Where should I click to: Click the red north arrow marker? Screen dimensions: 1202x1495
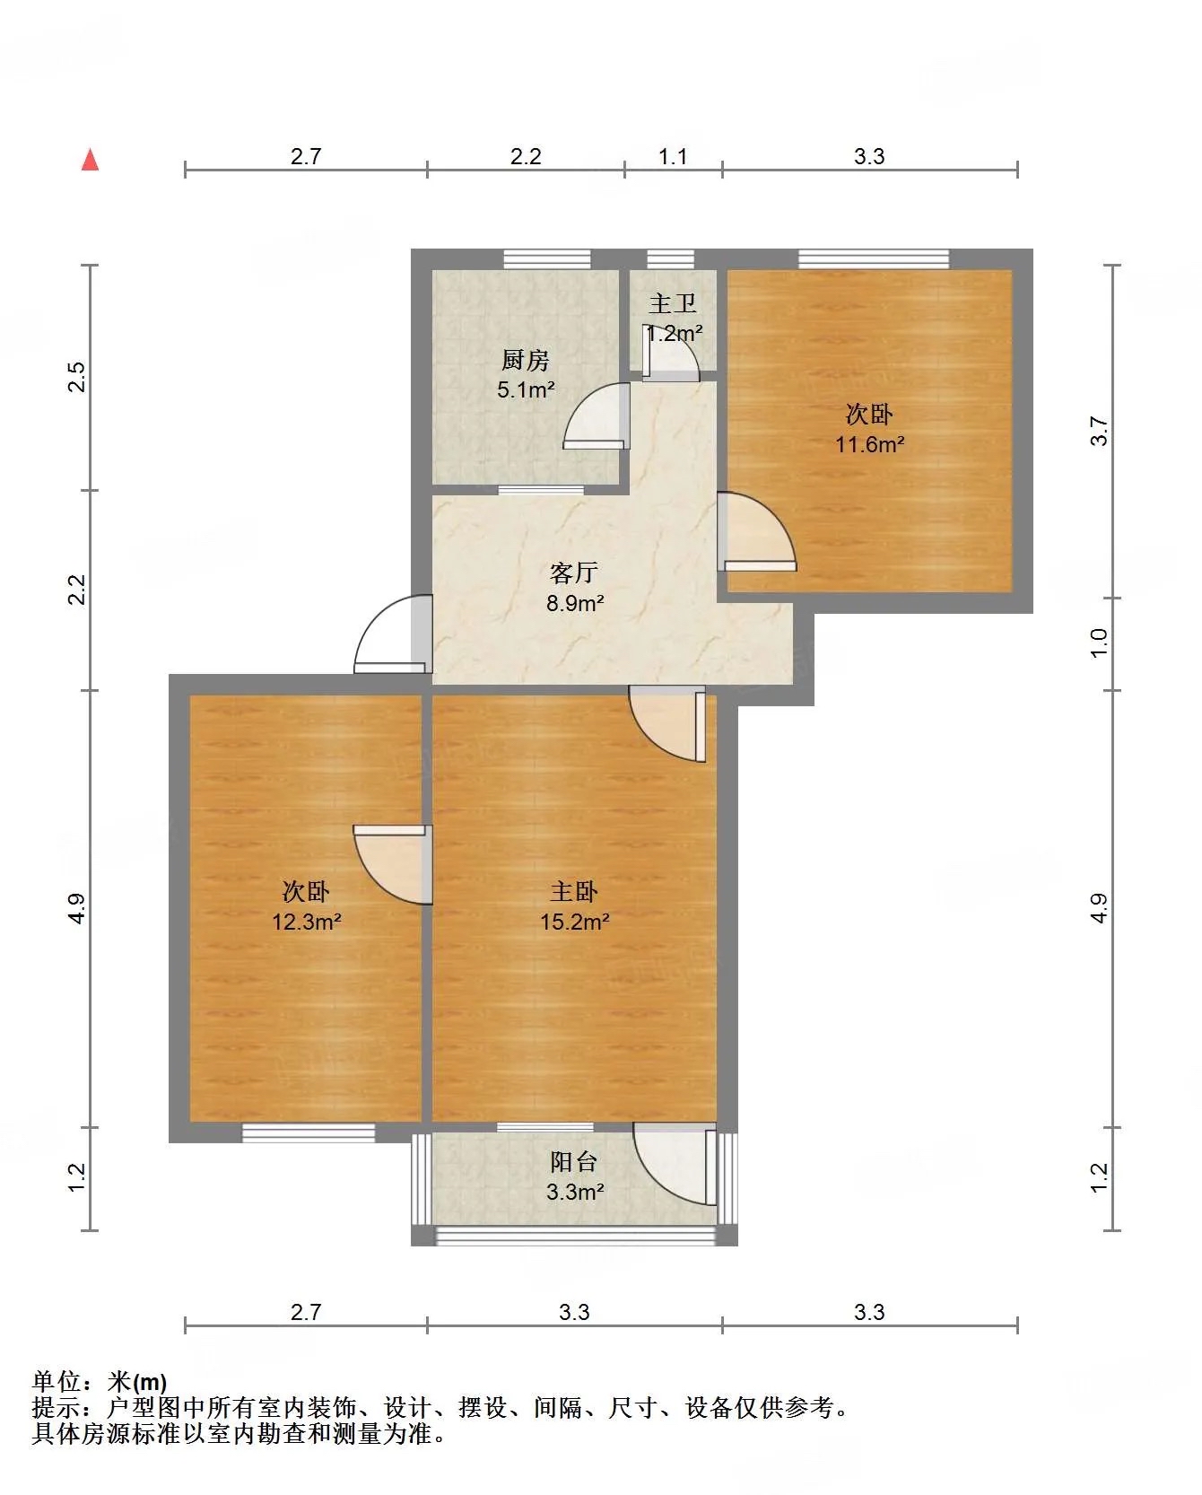point(90,160)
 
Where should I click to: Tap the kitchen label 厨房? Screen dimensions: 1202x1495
point(525,361)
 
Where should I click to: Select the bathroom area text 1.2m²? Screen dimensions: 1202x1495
point(675,334)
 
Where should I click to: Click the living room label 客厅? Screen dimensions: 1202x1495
point(574,573)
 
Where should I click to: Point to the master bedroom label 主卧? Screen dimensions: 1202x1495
point(574,892)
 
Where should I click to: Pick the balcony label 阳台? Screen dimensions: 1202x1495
point(574,1162)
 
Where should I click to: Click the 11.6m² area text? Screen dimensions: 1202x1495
point(869,444)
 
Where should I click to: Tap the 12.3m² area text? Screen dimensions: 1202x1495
point(307,922)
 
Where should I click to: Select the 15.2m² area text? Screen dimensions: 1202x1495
point(575,922)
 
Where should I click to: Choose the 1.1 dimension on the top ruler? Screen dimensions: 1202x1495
point(673,157)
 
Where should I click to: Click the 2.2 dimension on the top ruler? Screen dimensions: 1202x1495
point(526,157)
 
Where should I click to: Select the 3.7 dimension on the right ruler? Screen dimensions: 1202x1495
point(1100,432)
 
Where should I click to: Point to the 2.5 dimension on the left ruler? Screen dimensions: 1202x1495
point(77,376)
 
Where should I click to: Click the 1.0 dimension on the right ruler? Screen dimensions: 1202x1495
point(1100,643)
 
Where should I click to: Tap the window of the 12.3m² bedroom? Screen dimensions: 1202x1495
point(309,1133)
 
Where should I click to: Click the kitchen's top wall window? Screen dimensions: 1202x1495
point(547,259)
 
